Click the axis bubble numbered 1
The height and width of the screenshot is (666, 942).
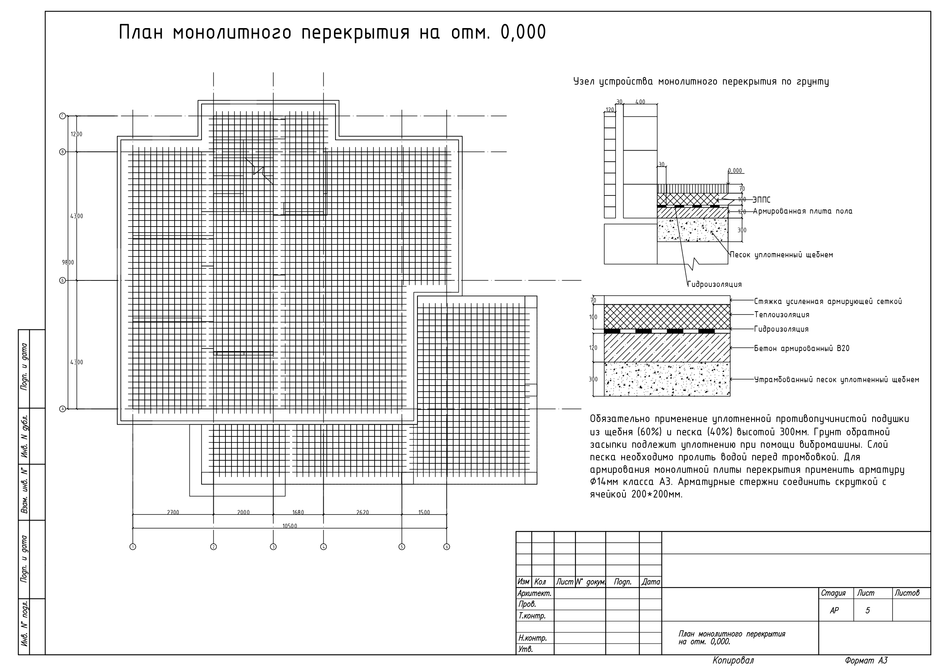pyautogui.click(x=132, y=546)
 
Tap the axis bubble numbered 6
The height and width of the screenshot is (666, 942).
pyautogui.click(x=447, y=546)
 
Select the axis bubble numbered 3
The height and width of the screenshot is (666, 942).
pyautogui.click(x=273, y=546)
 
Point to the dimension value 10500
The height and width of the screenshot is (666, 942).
pyautogui.click(x=290, y=526)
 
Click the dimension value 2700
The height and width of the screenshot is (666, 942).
pyautogui.click(x=173, y=512)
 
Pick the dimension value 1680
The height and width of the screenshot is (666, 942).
pyautogui.click(x=298, y=512)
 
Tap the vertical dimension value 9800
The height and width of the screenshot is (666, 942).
pyautogui.click(x=68, y=263)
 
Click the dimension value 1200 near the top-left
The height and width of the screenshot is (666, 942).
pyautogui.click(x=76, y=134)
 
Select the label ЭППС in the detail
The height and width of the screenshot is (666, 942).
pyautogui.click(x=761, y=200)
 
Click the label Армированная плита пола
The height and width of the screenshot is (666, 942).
pyautogui.click(x=802, y=211)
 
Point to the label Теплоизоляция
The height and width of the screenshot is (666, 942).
pyautogui.click(x=781, y=315)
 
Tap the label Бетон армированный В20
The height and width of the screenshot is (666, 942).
pyautogui.click(x=802, y=348)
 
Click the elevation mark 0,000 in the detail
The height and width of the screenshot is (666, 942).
pyautogui.click(x=735, y=171)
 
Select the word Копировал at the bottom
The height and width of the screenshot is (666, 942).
pyautogui.click(x=733, y=660)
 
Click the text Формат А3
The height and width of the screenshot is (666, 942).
pyautogui.click(x=866, y=660)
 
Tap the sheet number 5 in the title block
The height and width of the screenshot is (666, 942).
pyautogui.click(x=867, y=611)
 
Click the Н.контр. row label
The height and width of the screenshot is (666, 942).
pyautogui.click(x=532, y=638)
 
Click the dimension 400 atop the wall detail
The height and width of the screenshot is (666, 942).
pyautogui.click(x=640, y=102)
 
